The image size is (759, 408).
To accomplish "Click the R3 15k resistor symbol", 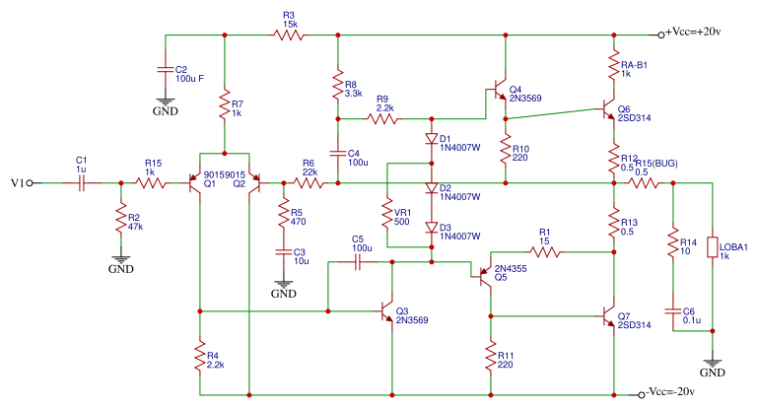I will [288, 34].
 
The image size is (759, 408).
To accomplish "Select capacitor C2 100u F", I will [165, 70].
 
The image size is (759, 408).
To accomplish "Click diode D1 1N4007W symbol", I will [431, 139].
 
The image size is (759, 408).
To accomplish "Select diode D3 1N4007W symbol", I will [431, 228].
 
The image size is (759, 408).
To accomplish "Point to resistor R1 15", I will [545, 252].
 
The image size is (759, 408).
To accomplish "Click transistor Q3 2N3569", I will [386, 311].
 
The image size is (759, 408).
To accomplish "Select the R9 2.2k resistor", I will [383, 119].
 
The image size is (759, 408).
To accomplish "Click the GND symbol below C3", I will [283, 286].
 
